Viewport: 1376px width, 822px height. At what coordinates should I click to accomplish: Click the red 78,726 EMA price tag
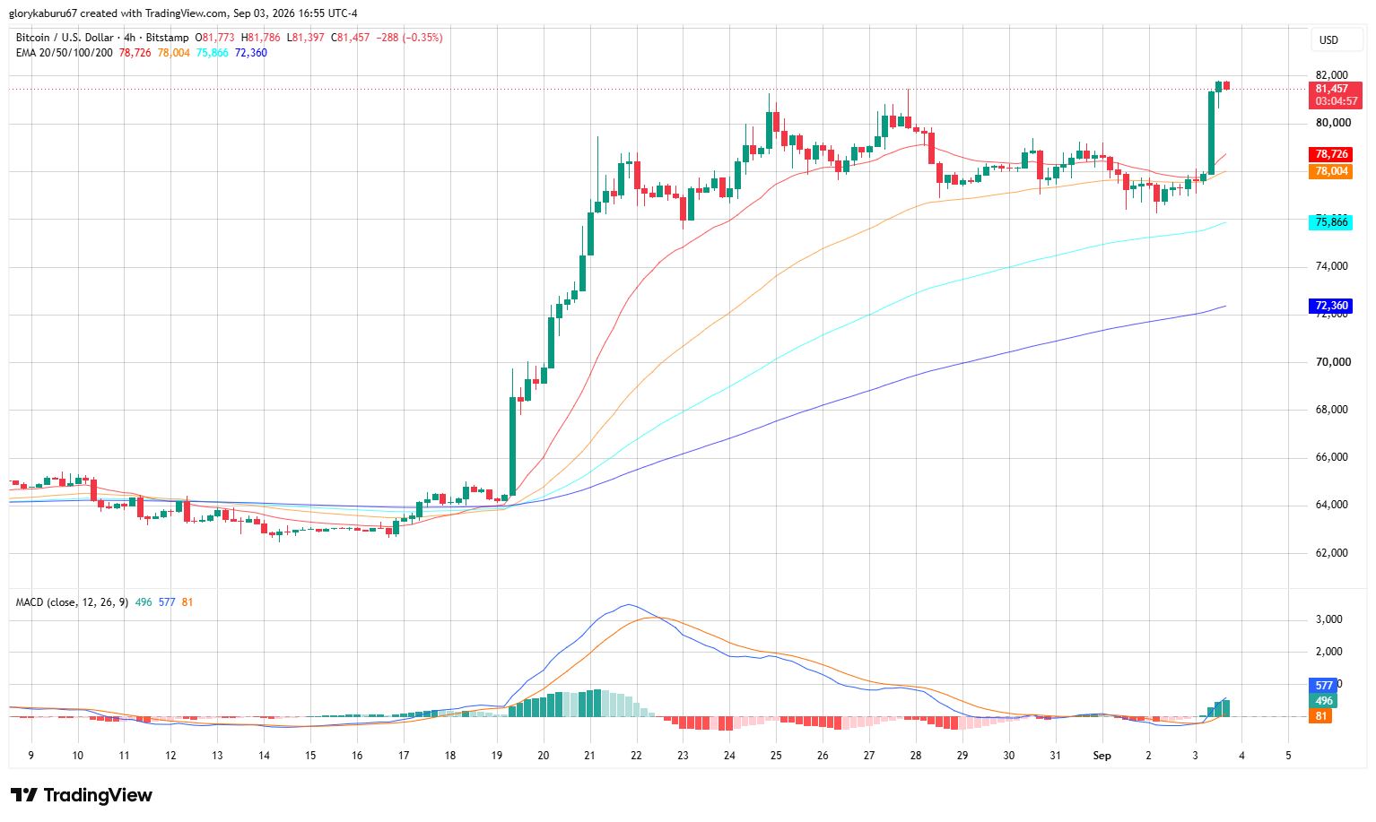click(1330, 154)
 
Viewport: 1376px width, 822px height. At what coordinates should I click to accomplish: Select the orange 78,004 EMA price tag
click(1330, 171)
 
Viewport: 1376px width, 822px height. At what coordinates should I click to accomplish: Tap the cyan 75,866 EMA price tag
click(1330, 222)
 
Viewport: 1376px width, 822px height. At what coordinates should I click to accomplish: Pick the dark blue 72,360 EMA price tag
click(1330, 306)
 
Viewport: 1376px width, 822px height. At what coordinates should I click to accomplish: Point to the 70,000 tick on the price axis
click(1333, 362)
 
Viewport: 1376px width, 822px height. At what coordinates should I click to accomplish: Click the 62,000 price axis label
click(1333, 553)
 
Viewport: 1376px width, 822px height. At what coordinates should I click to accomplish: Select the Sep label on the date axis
click(1102, 756)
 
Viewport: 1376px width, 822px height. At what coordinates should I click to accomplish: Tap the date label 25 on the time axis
click(776, 756)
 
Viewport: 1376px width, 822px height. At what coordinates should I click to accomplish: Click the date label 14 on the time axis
click(264, 756)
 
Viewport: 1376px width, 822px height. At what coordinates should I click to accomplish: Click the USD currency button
click(1328, 40)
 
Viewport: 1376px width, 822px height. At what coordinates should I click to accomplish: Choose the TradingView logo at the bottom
click(81, 796)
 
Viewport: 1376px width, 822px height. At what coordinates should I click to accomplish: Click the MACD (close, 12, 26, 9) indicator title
click(72, 603)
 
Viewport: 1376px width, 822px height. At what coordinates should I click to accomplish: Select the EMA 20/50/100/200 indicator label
click(64, 53)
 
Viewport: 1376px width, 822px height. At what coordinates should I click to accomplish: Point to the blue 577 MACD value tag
click(1323, 685)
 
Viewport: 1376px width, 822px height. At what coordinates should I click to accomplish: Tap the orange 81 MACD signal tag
click(1320, 716)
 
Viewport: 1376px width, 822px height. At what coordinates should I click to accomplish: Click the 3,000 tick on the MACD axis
click(1328, 619)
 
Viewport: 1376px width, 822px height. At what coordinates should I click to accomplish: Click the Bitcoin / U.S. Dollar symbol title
click(65, 38)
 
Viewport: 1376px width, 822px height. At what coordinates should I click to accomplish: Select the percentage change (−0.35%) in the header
click(422, 38)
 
